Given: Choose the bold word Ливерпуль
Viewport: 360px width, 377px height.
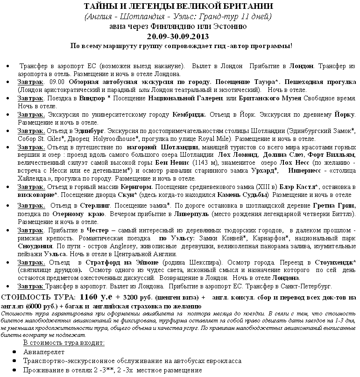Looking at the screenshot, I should (191, 214).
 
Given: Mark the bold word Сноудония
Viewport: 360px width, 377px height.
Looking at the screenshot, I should (38, 246).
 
